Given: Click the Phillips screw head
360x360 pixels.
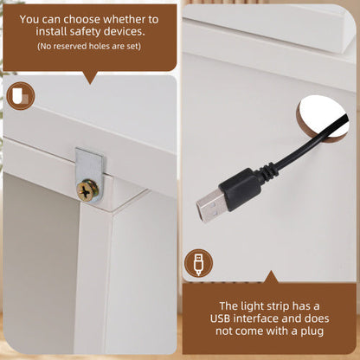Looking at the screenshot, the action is (87, 190).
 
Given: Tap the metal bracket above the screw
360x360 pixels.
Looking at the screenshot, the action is (90, 164).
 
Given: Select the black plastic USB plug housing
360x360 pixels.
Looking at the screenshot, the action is (240, 190).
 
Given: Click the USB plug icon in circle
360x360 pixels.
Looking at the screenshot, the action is (198, 263).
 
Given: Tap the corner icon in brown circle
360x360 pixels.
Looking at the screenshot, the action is (21, 95).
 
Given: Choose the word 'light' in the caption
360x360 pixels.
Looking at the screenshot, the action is (249, 306).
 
